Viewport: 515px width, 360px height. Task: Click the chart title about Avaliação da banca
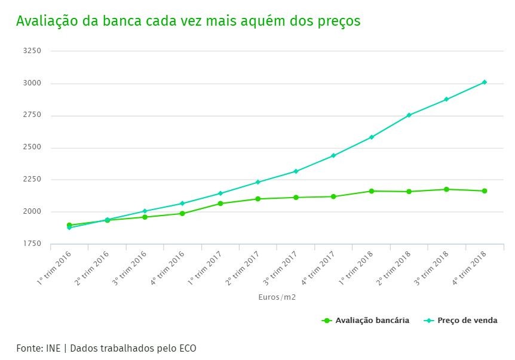pyautogui.click(x=188, y=21)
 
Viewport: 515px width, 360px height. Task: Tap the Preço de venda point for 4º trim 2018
pyautogui.click(x=485, y=82)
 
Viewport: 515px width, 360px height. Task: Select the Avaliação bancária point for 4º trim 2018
pyautogui.click(x=485, y=191)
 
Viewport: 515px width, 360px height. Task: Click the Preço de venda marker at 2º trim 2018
pyautogui.click(x=409, y=115)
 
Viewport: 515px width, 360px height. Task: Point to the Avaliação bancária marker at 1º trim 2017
pyautogui.click(x=220, y=204)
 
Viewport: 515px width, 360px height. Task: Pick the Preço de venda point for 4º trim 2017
pyautogui.click(x=333, y=156)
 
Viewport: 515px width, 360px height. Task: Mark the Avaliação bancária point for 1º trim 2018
pyautogui.click(x=372, y=191)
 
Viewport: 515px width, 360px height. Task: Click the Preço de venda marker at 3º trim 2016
pyautogui.click(x=145, y=211)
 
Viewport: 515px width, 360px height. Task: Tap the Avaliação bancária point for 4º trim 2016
pyautogui.click(x=182, y=214)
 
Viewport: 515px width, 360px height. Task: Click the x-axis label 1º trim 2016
pyautogui.click(x=53, y=267)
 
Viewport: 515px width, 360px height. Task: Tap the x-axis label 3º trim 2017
pyautogui.click(x=280, y=267)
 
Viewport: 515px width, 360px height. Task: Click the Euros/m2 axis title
pyautogui.click(x=277, y=297)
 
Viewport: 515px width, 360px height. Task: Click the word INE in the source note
pyautogui.click(x=53, y=348)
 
